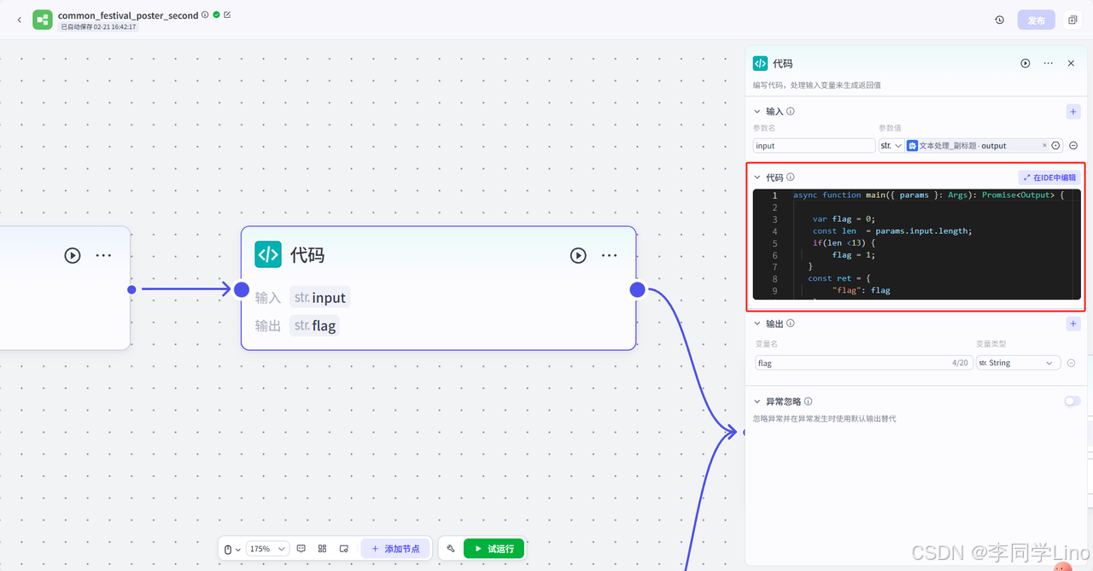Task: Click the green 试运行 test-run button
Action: (x=494, y=549)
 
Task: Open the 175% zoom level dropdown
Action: (x=268, y=549)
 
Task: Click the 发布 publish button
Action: (x=1036, y=20)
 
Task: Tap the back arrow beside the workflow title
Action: (x=20, y=20)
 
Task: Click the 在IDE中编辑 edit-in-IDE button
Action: (x=1049, y=178)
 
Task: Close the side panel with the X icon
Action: (x=1071, y=63)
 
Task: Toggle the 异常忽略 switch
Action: (x=1072, y=401)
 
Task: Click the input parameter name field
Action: (x=814, y=146)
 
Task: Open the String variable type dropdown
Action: (x=1018, y=363)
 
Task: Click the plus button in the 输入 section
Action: (x=1073, y=112)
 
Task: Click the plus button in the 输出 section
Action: (x=1073, y=324)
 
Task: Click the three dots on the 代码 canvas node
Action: (x=609, y=255)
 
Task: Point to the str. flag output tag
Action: (x=314, y=325)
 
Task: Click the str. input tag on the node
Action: (x=319, y=298)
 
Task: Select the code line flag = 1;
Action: (x=854, y=254)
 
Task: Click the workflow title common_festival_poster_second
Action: (x=128, y=15)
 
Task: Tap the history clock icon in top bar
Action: (x=999, y=20)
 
